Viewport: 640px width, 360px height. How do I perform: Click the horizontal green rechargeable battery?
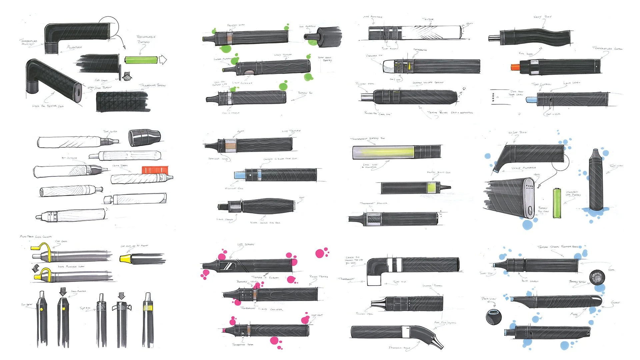pyautogui.click(x=141, y=60)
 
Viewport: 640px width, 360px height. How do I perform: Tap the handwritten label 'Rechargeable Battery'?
pyautogui.click(x=146, y=39)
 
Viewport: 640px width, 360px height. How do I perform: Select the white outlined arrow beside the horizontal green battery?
pyautogui.click(x=163, y=60)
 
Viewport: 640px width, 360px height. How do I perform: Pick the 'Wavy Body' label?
pyautogui.click(x=543, y=17)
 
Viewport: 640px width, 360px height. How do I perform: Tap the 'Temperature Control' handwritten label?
pyautogui.click(x=607, y=49)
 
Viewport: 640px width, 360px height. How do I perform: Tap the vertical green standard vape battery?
pyautogui.click(x=557, y=203)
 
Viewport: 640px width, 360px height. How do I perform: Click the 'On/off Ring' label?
pyautogui.click(x=517, y=133)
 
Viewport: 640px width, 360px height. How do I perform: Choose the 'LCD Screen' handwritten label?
pyautogui.click(x=246, y=245)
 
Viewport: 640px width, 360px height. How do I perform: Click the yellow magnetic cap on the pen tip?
pyautogui.click(x=125, y=258)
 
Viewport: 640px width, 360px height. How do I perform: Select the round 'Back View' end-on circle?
pyautogui.click(x=494, y=316)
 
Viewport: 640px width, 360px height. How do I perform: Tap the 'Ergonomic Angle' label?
pyautogui.click(x=399, y=348)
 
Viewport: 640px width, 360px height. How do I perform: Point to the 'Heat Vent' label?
pyautogui.click(x=317, y=315)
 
